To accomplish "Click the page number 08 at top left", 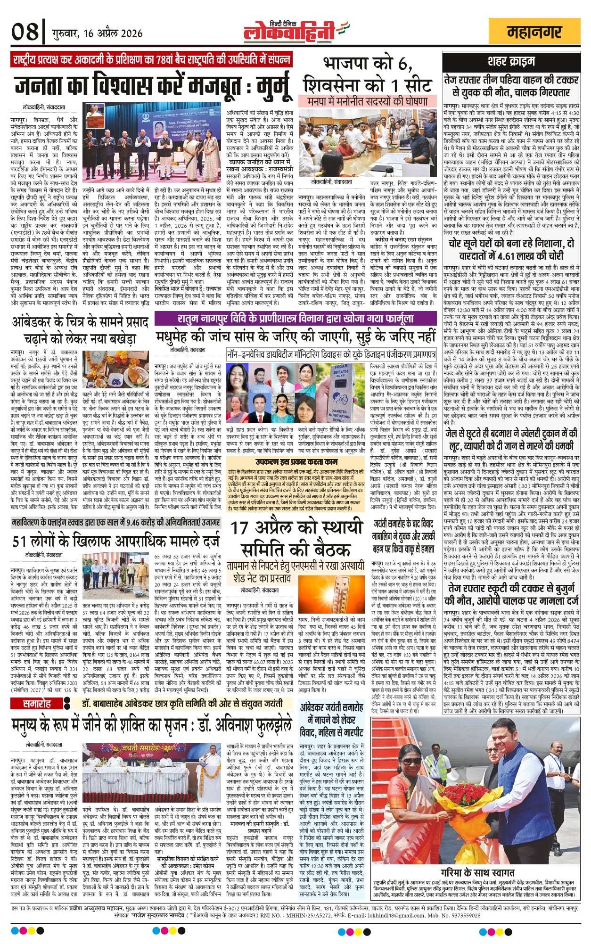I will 25,33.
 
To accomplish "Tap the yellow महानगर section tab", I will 534,33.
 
